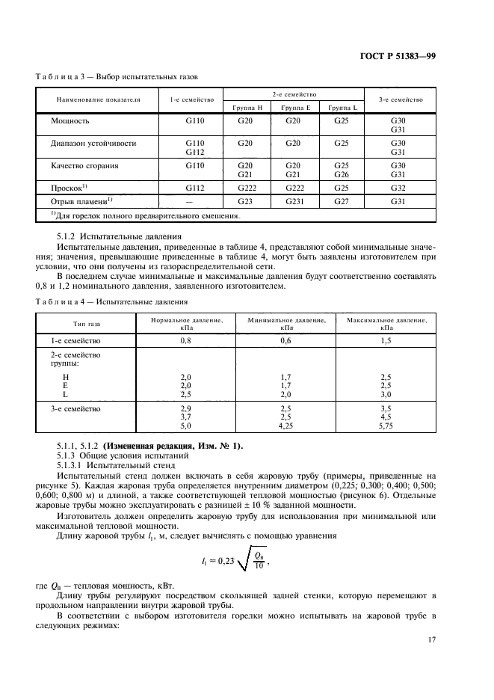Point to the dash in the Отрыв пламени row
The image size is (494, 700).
coord(189,201)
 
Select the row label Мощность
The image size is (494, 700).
coord(70,120)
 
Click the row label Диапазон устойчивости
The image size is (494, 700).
coord(93,141)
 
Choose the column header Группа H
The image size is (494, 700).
coord(244,107)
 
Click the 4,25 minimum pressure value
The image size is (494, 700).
coord(285,426)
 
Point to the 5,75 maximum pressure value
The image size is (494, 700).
coord(386,426)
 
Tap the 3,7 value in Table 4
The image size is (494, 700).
coord(186,417)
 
